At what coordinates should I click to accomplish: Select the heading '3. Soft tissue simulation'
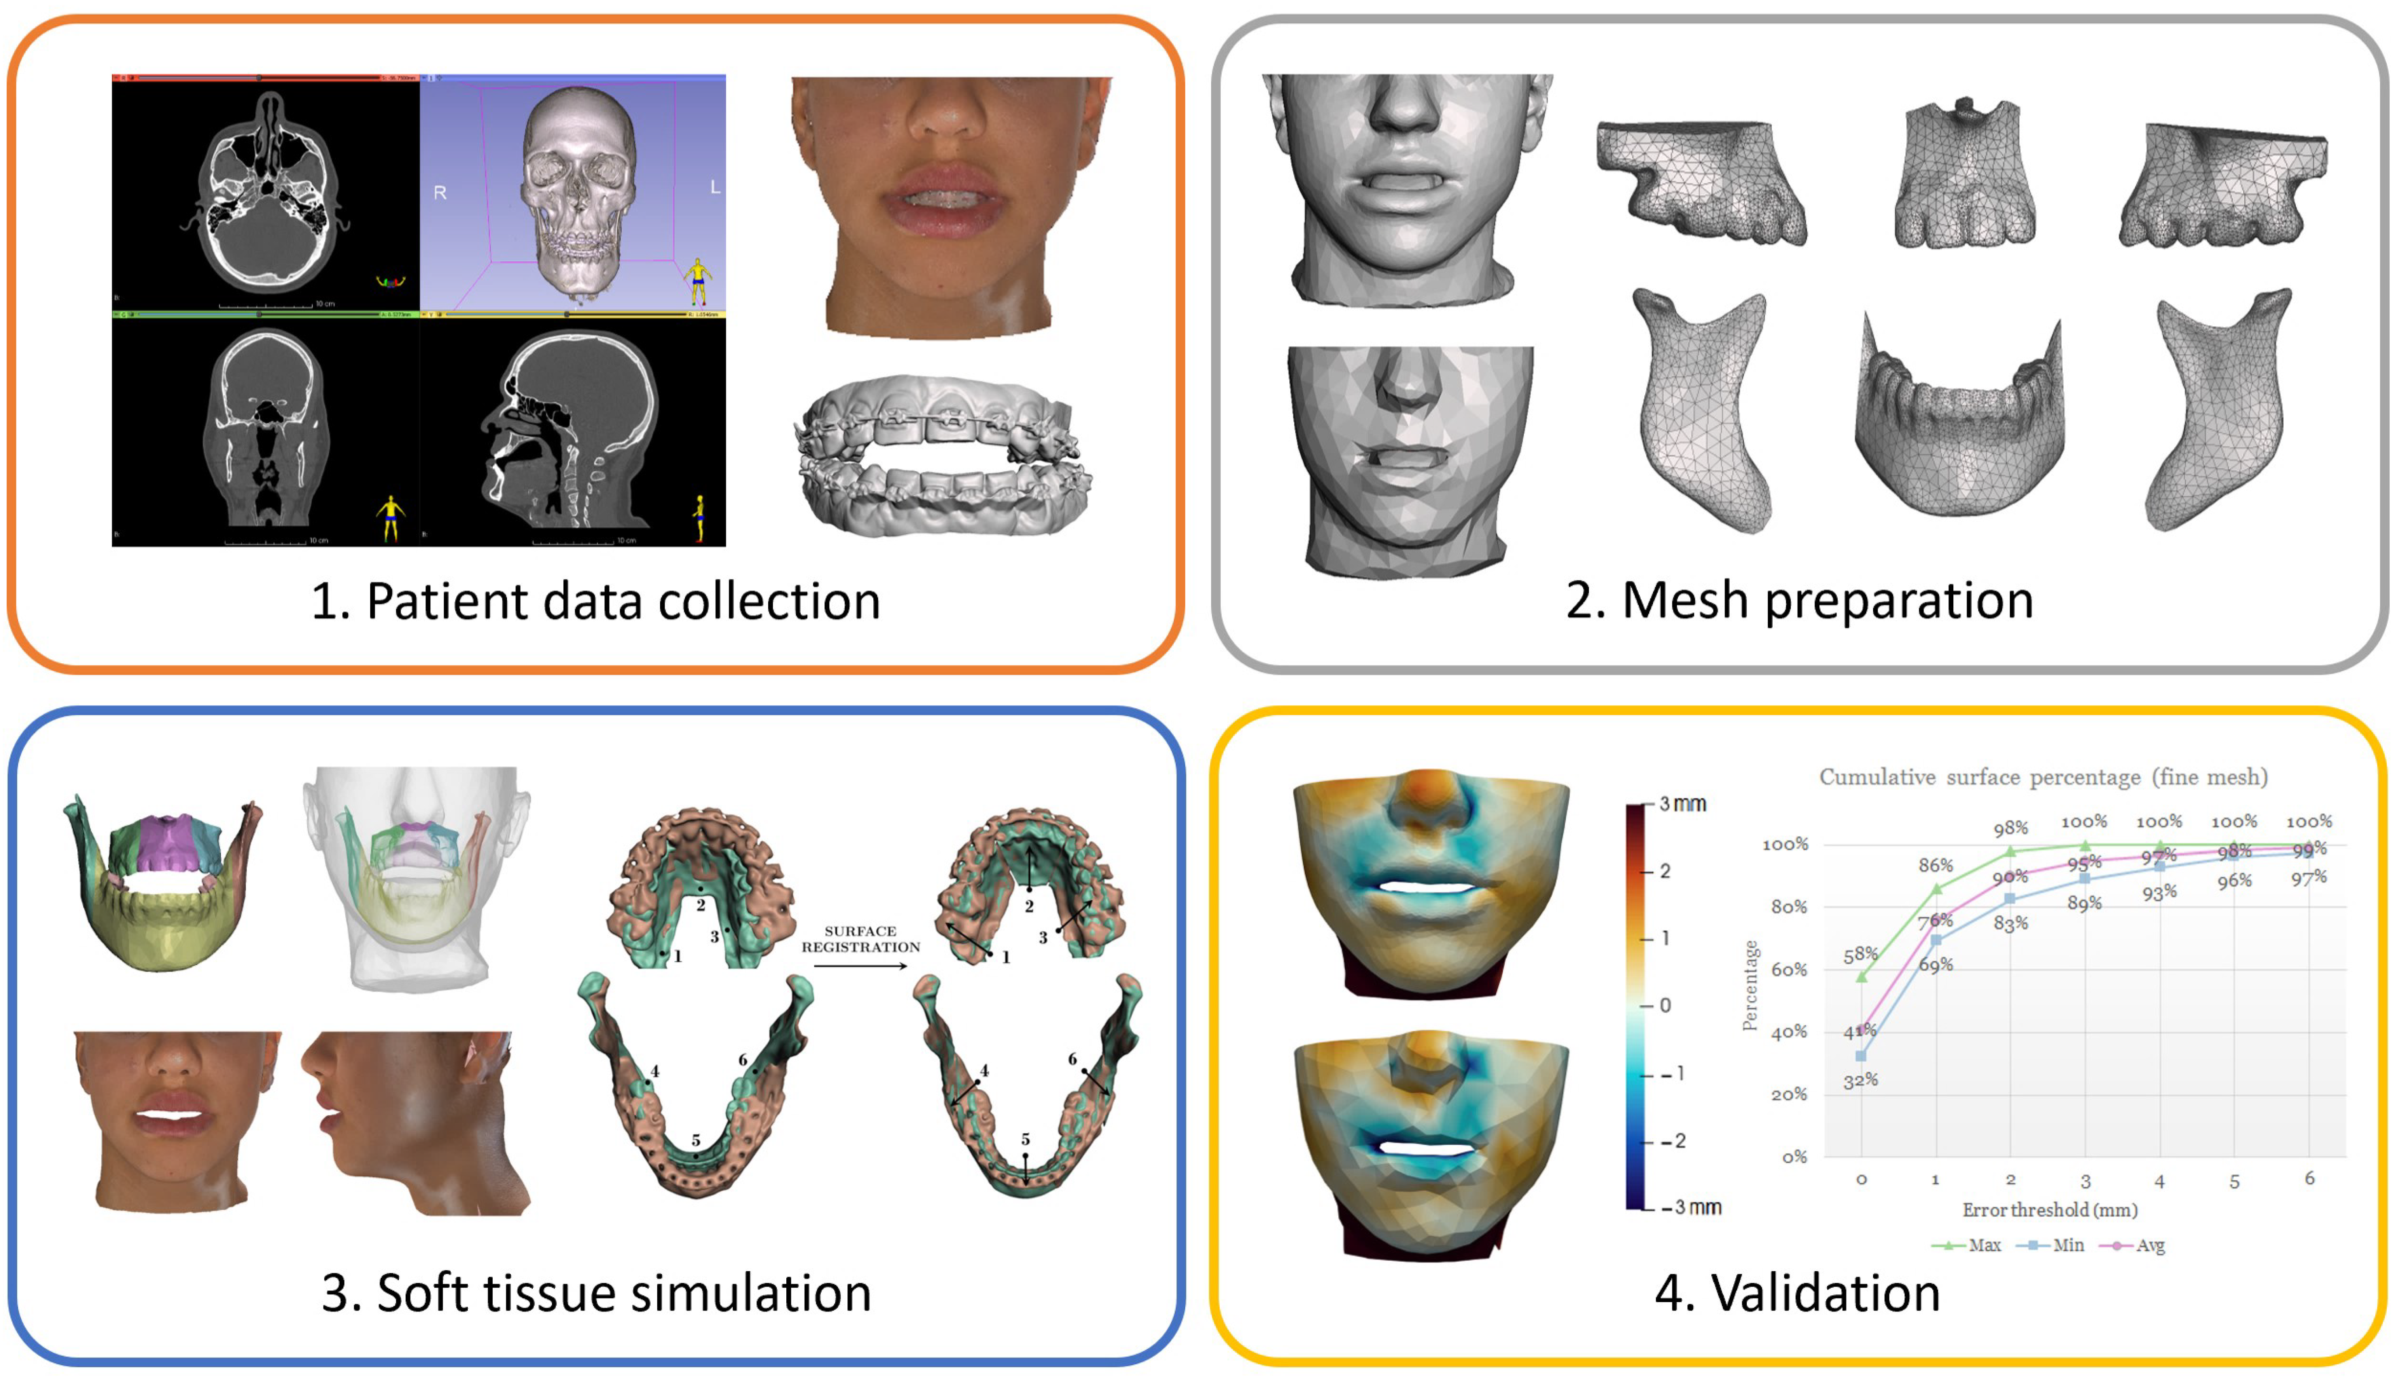(x=596, y=1293)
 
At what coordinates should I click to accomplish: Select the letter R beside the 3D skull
(x=439, y=193)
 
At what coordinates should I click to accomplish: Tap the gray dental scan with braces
(x=942, y=455)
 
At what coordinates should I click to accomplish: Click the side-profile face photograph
(x=414, y=1122)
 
